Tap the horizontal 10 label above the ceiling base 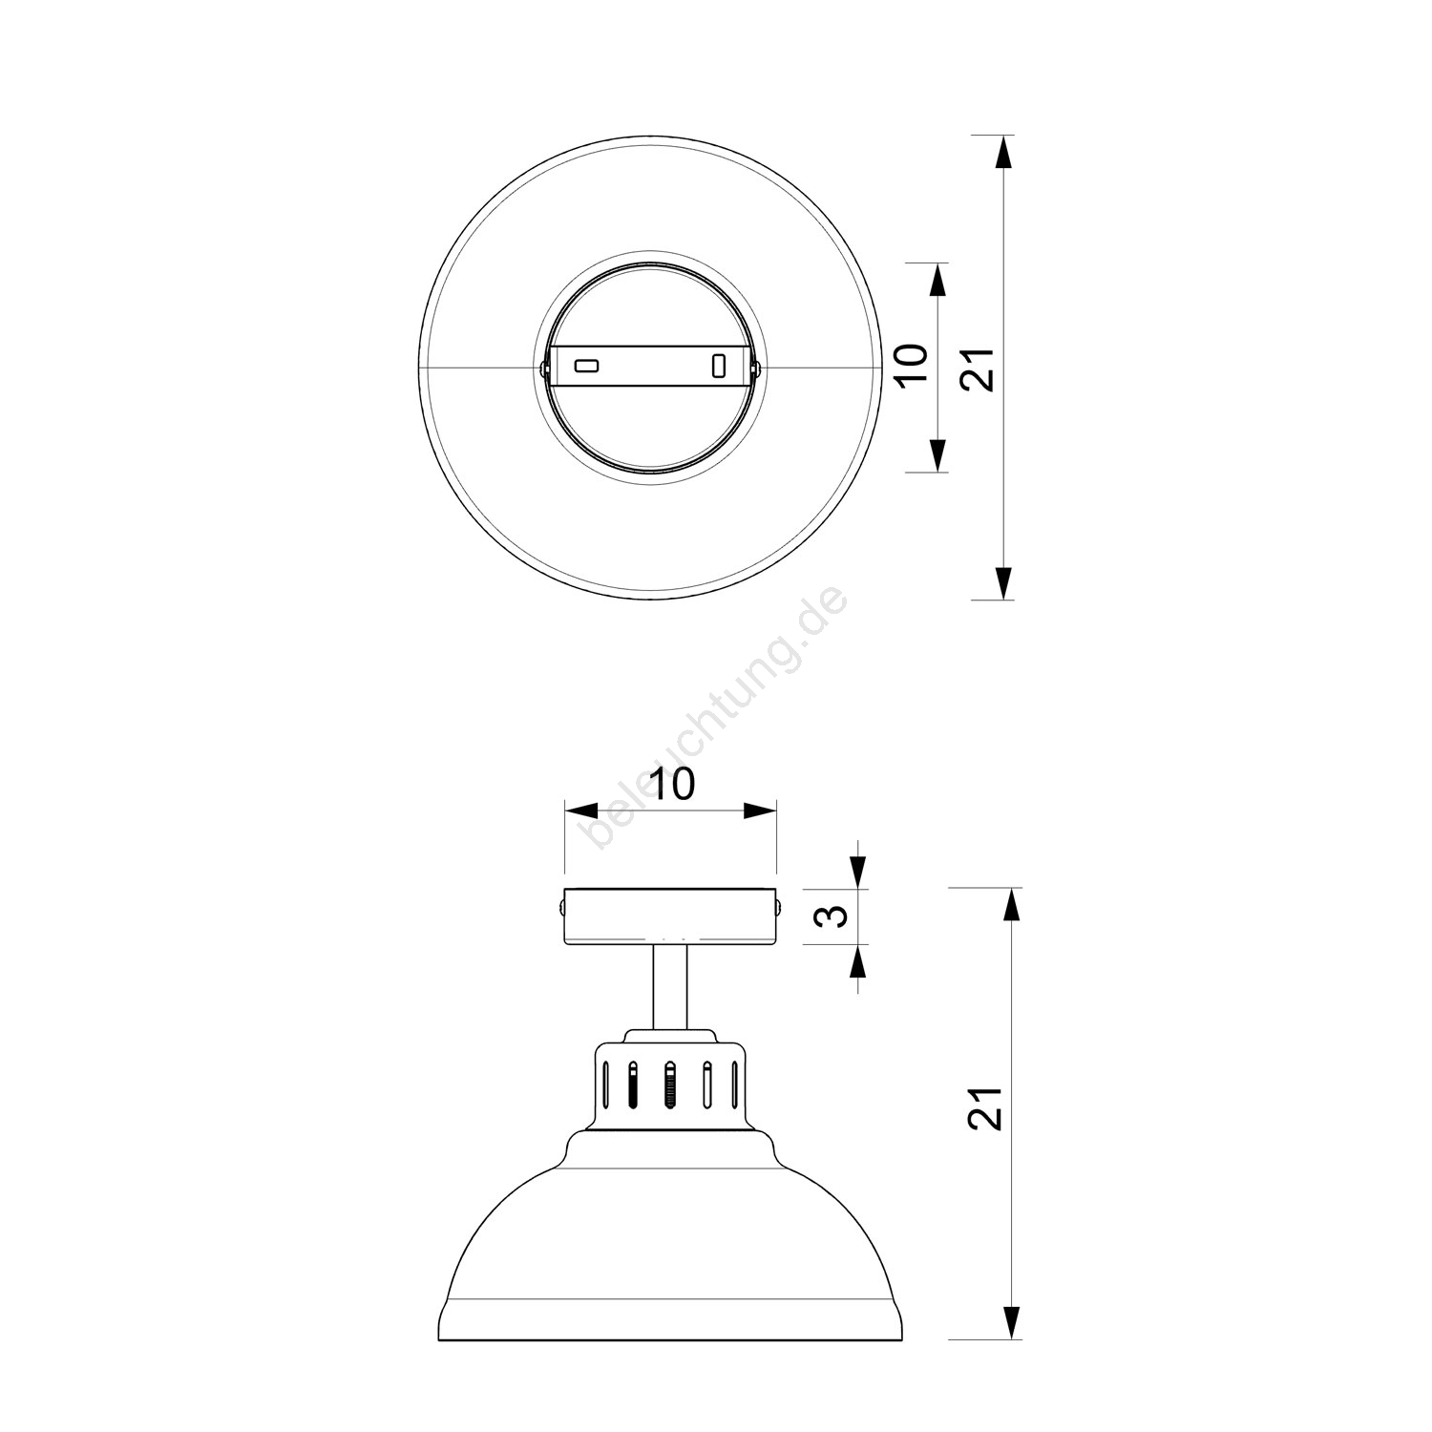(672, 784)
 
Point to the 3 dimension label (833, 916)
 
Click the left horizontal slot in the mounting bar (585, 366)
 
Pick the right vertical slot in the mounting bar (720, 366)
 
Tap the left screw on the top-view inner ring (543, 367)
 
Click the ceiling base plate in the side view (671, 917)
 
